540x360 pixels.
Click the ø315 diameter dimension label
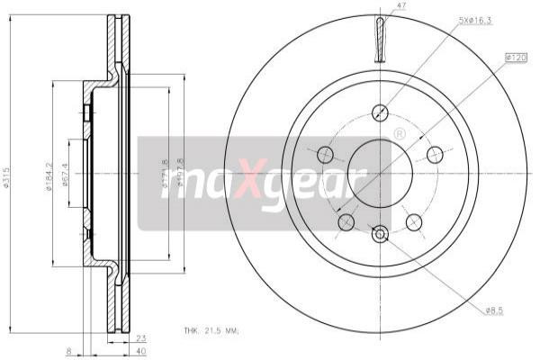pos(7,178)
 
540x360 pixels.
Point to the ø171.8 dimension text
pos(165,176)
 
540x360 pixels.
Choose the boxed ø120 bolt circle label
pos(516,57)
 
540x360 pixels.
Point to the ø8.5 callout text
pos(495,310)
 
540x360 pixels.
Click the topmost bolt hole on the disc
pos(380,112)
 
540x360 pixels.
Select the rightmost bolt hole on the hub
pos(436,153)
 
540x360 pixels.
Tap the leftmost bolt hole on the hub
pos(325,154)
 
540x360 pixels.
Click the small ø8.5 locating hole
pos(380,235)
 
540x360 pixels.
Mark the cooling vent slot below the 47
pos(381,41)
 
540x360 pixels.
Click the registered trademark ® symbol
pos(400,134)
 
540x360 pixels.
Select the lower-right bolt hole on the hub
pos(414,220)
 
